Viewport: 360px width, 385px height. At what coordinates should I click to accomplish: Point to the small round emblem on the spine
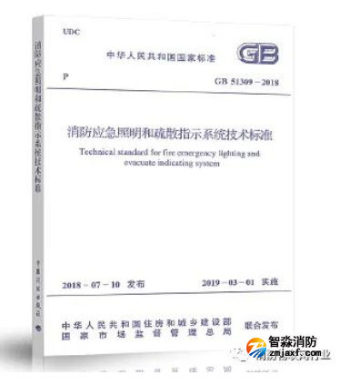click(x=36, y=321)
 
